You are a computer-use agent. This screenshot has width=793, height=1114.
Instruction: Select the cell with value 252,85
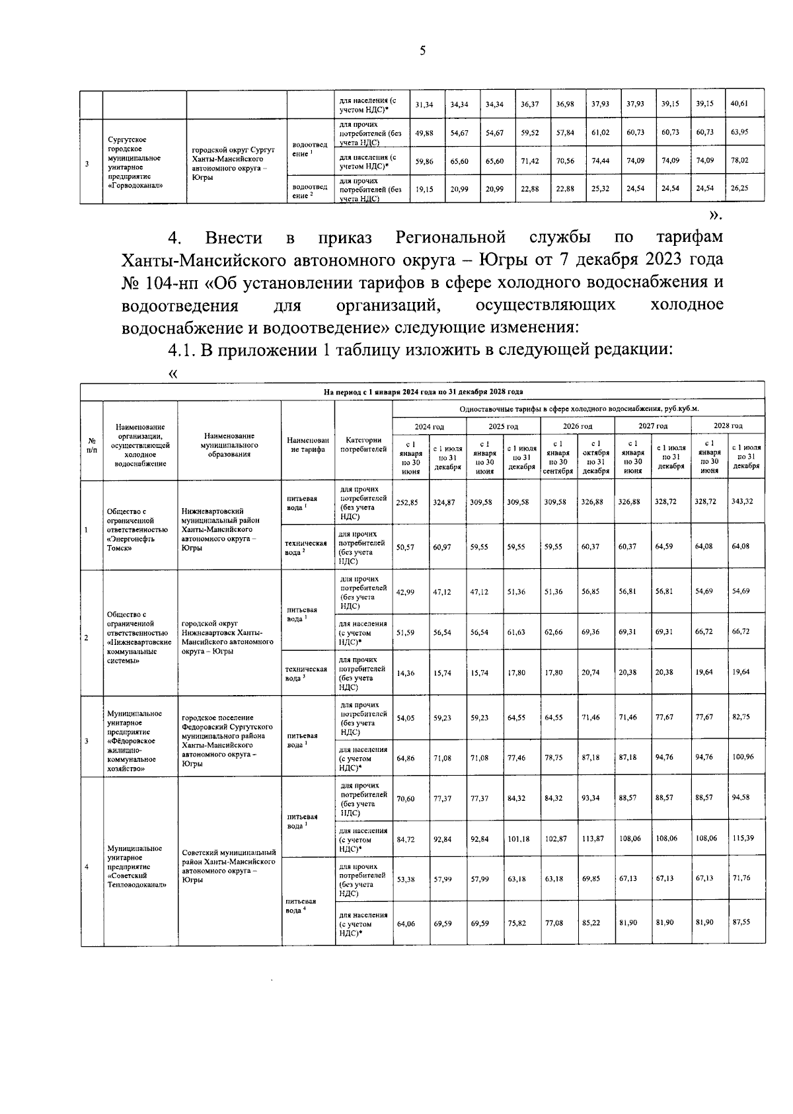(411, 502)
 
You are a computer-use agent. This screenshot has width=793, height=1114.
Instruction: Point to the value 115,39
(746, 838)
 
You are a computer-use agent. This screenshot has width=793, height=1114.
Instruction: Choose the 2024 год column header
(430, 426)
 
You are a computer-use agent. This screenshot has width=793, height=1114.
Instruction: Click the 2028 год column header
(728, 426)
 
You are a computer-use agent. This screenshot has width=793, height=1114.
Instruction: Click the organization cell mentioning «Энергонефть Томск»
(139, 525)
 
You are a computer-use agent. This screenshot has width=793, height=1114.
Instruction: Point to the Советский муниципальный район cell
(229, 866)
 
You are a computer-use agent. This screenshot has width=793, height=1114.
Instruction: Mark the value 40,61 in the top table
(743, 104)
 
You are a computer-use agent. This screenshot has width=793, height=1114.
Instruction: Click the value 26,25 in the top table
(743, 188)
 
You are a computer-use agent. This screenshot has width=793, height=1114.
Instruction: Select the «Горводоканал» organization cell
(143, 162)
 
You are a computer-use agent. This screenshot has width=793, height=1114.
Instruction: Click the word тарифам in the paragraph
(689, 237)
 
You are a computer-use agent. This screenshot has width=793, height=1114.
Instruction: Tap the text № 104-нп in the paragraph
(159, 282)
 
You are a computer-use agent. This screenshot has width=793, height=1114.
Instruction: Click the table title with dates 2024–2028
(423, 392)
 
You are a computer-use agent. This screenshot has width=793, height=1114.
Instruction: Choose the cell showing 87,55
(746, 923)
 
